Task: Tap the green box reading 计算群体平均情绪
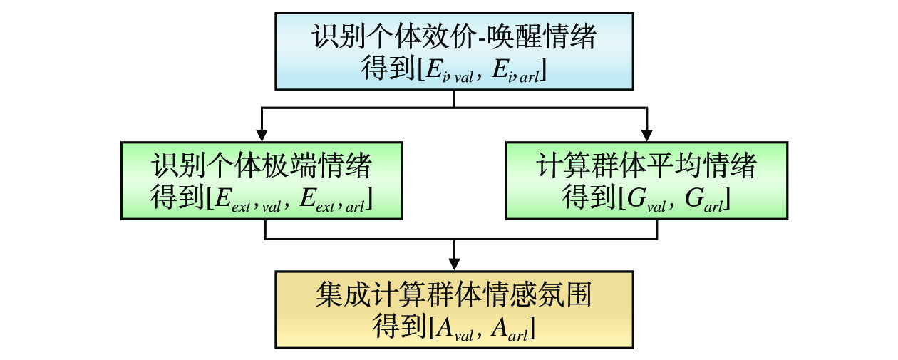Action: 646,180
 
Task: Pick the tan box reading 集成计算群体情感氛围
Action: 454,309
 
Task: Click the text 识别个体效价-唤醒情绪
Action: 454,37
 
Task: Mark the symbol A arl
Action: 510,328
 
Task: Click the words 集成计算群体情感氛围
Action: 454,294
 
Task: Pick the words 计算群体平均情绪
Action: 646,166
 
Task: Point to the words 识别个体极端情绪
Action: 262,166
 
